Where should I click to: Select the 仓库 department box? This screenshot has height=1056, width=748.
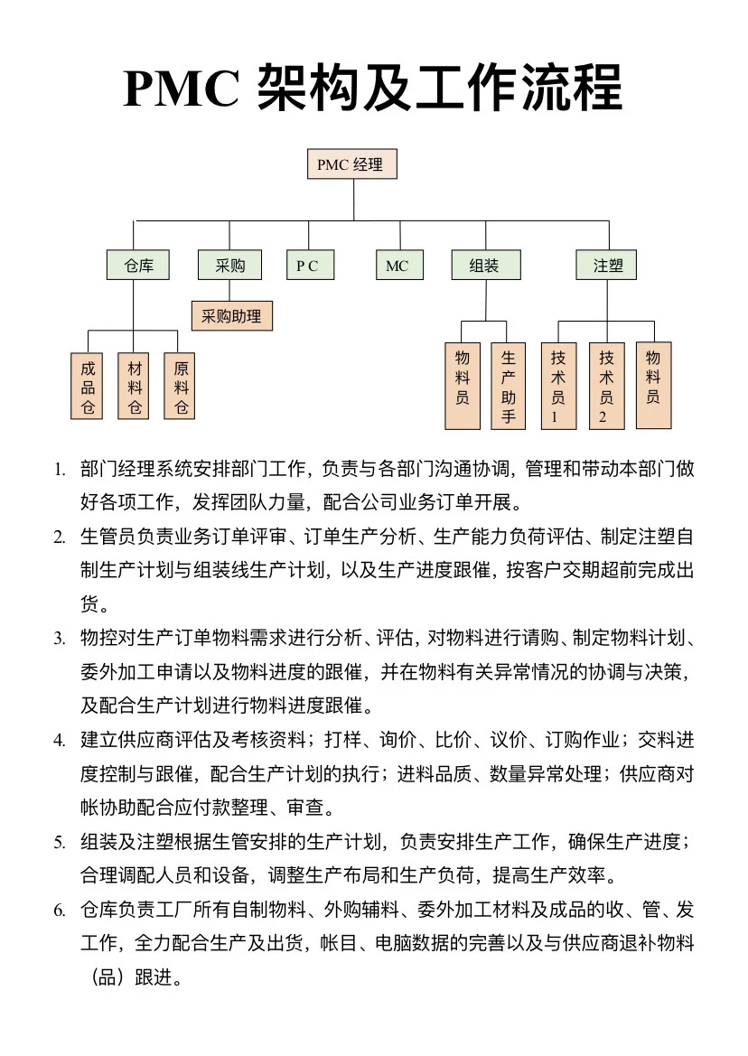point(139,266)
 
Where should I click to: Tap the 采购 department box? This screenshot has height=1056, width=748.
point(229,266)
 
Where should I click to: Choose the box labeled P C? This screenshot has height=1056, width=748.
point(308,266)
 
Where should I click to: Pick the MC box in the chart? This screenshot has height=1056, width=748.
point(397,266)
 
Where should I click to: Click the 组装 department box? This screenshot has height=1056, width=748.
point(485,266)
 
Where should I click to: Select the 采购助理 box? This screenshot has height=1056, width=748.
point(231,317)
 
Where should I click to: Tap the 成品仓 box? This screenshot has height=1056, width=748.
point(88,387)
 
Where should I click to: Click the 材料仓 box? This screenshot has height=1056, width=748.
point(135,387)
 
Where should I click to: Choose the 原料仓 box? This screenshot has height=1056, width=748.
point(181,387)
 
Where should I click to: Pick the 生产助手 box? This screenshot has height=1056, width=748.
point(509,386)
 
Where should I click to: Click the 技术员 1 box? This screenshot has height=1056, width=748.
point(557,386)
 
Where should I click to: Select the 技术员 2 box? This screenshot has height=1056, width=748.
point(606,386)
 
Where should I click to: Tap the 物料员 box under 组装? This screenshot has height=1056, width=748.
point(462,386)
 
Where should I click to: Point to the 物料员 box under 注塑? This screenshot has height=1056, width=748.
point(653,385)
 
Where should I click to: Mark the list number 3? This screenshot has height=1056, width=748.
point(59,639)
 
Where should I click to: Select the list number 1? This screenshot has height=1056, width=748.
point(59,470)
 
